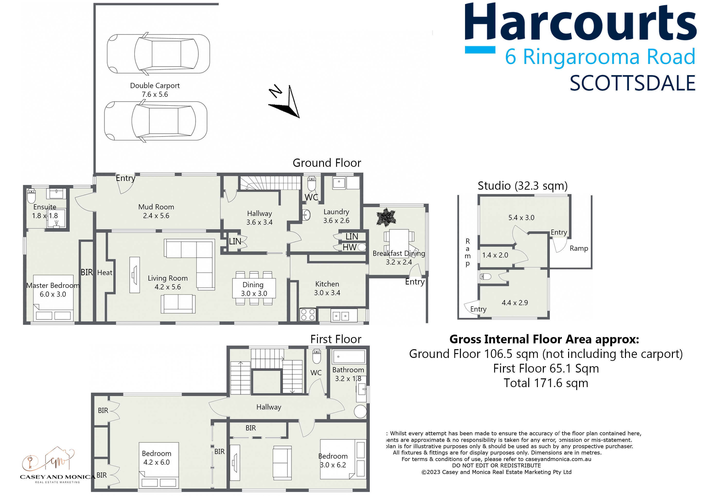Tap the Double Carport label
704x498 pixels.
(x=155, y=86)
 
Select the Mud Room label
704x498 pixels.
(x=156, y=207)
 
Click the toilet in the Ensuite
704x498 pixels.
(x=31, y=196)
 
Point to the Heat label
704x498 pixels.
(x=105, y=273)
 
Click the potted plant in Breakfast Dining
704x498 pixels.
(x=386, y=217)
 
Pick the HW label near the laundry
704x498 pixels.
(x=350, y=247)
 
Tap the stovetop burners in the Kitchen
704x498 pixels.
(x=308, y=315)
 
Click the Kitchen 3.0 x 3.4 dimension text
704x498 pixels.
(x=327, y=293)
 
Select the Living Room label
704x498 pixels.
(x=168, y=278)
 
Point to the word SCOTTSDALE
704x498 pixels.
(x=633, y=83)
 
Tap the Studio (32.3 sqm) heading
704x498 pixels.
(x=522, y=186)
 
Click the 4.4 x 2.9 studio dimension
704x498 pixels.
(x=515, y=303)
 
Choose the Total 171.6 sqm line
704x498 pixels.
(x=546, y=383)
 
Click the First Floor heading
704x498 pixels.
(x=336, y=339)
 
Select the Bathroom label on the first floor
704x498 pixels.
(x=348, y=370)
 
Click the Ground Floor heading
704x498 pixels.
(x=327, y=163)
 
